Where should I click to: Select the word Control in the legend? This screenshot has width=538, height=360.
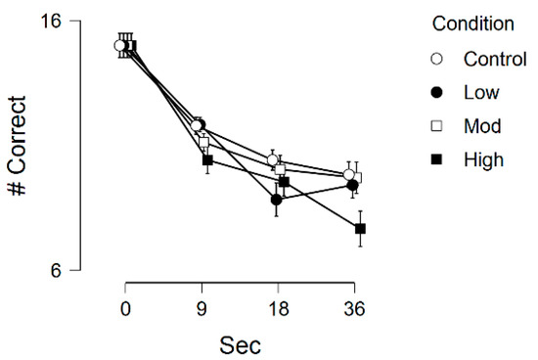click(494, 59)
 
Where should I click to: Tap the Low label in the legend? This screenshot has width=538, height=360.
click(481, 93)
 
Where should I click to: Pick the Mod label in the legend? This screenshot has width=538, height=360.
click(482, 126)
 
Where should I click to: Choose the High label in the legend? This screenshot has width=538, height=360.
click(483, 159)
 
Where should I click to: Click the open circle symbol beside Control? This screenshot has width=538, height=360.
click(437, 59)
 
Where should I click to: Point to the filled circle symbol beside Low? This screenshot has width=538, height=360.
click(437, 93)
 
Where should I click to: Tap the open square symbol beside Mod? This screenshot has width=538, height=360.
click(437, 126)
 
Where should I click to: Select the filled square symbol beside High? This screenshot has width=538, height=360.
click(437, 159)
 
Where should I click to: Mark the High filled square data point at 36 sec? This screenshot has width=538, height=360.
click(360, 229)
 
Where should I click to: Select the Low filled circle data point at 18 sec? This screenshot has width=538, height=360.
click(277, 200)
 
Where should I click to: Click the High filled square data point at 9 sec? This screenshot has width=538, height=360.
click(207, 159)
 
